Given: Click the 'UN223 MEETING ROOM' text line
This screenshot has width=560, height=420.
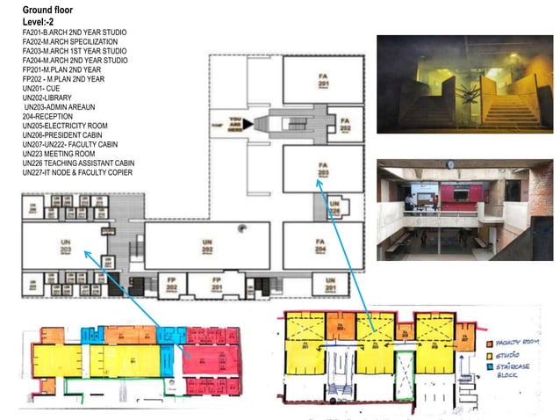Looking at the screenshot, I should tap(59, 154).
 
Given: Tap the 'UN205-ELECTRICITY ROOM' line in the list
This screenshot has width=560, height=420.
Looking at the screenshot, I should tap(65, 126).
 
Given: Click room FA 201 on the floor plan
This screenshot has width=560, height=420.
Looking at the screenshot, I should tap(322, 82).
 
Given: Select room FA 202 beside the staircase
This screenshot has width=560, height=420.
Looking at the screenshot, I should tap(345, 124).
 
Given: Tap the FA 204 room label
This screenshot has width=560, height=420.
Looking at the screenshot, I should tap(321, 245).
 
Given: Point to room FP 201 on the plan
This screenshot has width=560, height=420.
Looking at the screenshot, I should tap(215, 286).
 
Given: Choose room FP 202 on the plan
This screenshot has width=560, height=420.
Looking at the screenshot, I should tap(172, 286).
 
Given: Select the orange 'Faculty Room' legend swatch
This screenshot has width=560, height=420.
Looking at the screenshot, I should tap(489, 342).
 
